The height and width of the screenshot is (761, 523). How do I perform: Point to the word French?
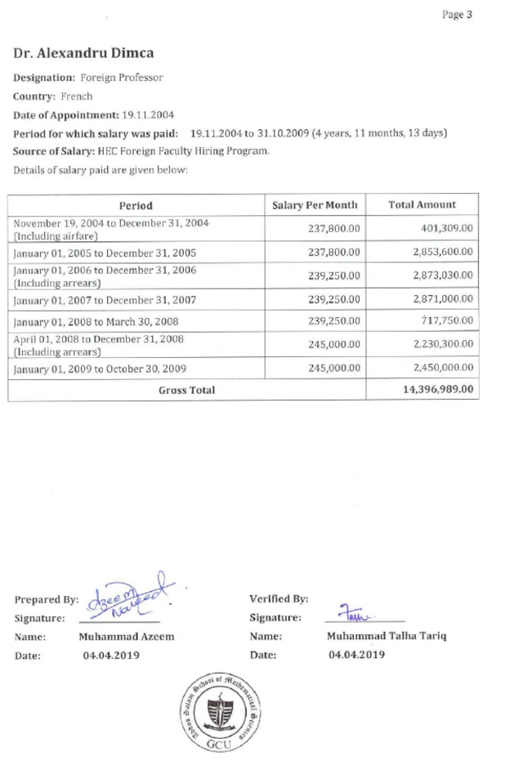77,96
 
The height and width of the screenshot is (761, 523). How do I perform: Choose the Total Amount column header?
422,205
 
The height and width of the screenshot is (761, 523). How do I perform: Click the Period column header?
136,206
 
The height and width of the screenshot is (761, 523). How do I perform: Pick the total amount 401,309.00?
447,229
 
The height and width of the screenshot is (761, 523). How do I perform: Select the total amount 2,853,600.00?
442,253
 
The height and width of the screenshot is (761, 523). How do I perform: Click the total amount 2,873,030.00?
442,276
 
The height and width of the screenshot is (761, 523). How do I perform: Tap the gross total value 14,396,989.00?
438,390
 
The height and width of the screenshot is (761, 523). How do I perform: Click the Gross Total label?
186,391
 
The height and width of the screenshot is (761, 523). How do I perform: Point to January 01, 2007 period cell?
104,300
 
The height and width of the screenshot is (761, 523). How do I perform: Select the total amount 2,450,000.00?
442,369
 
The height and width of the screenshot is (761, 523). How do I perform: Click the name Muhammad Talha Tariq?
387,636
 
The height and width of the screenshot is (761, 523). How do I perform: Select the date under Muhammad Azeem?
111,655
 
